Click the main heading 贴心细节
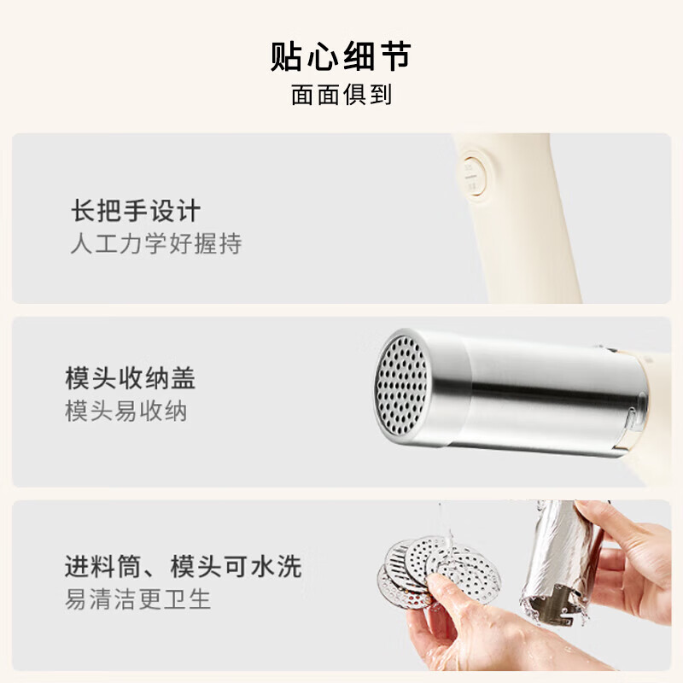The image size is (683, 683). [x=341, y=55]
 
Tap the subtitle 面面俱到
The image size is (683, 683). [x=341, y=95]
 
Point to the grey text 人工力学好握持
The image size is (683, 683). [x=155, y=244]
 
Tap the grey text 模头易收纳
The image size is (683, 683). [x=126, y=412]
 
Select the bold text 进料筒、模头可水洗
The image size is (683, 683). [x=183, y=565]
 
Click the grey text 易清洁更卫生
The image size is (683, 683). [x=137, y=598]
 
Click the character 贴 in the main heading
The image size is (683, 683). [x=288, y=55]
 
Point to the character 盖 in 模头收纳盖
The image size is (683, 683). [x=195, y=378]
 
